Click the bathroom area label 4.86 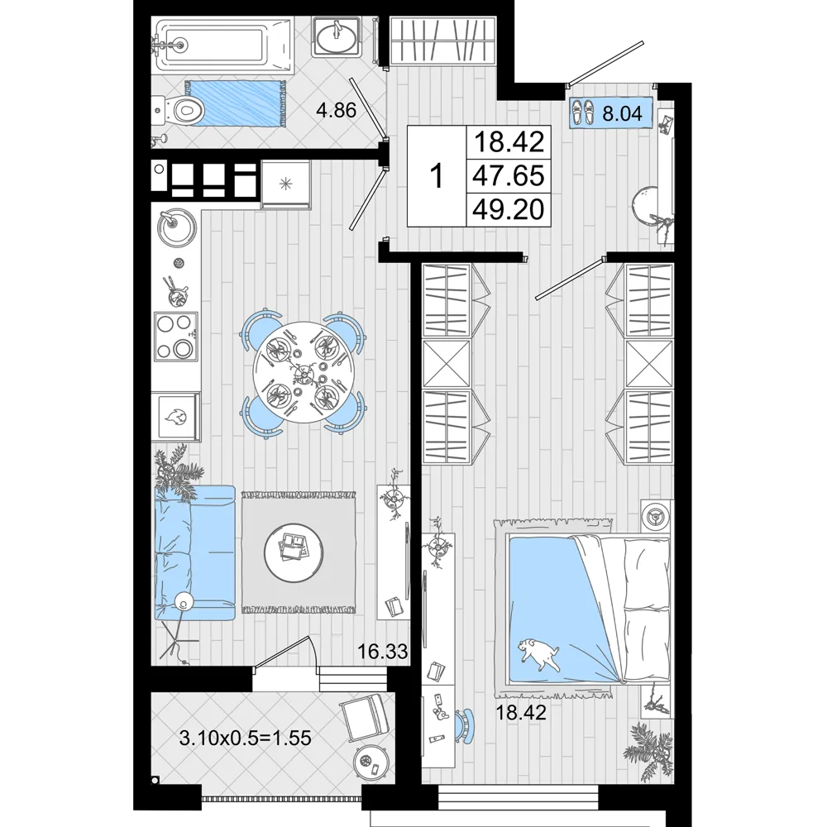point(336,110)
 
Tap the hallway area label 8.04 point(623,113)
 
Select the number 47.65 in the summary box point(509,175)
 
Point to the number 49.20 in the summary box point(509,209)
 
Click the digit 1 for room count point(437,176)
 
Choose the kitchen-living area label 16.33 point(383,652)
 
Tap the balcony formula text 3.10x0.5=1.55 point(246,738)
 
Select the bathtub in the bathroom point(222,45)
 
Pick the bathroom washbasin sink point(335,36)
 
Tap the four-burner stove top point(176,336)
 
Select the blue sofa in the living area point(194,552)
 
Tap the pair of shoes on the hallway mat point(583,112)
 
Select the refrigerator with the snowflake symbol point(285,184)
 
